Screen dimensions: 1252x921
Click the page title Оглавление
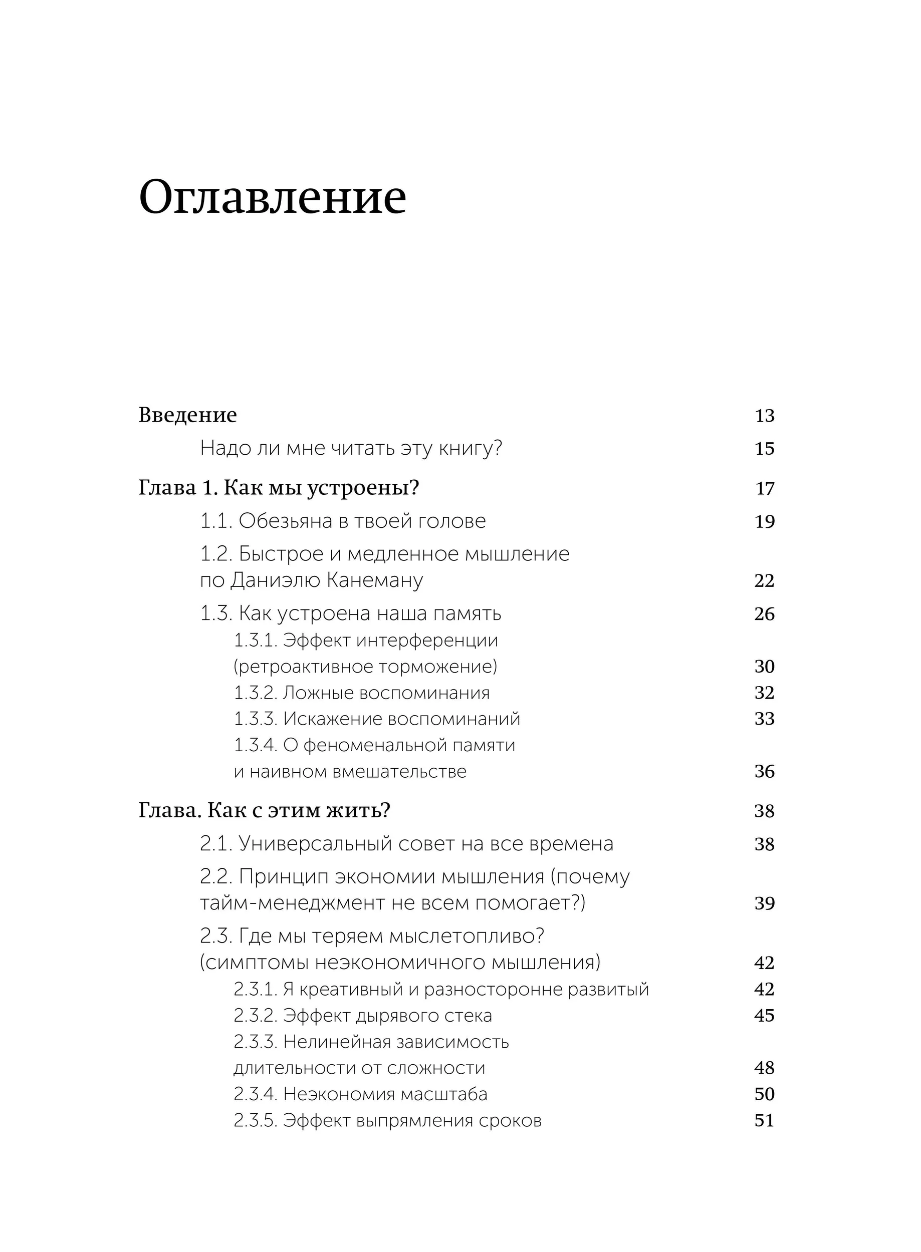tap(272, 197)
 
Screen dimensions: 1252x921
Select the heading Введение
tap(187, 415)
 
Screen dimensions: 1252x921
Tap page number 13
tap(764, 416)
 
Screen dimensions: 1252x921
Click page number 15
tap(764, 449)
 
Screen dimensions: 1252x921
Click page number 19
tap(764, 521)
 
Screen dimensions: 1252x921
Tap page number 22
tap(764, 580)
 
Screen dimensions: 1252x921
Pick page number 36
tap(764, 772)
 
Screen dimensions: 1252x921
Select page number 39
tap(764, 903)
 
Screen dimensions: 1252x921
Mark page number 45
tap(764, 1016)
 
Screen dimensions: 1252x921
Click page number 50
tap(764, 1094)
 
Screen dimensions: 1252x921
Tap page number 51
tap(764, 1120)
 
